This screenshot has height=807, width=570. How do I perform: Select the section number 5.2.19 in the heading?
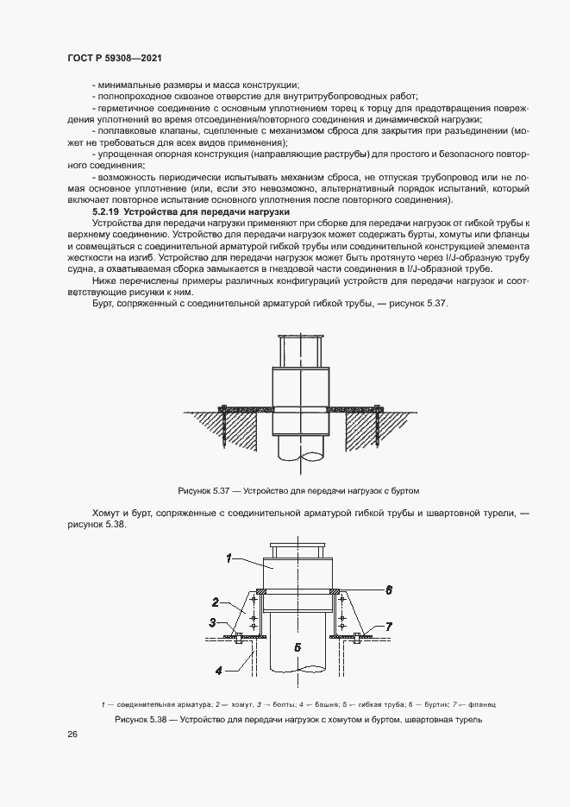coord(105,211)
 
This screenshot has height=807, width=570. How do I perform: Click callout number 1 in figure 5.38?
coord(229,558)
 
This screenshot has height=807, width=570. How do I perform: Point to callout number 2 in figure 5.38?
coord(216,602)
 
